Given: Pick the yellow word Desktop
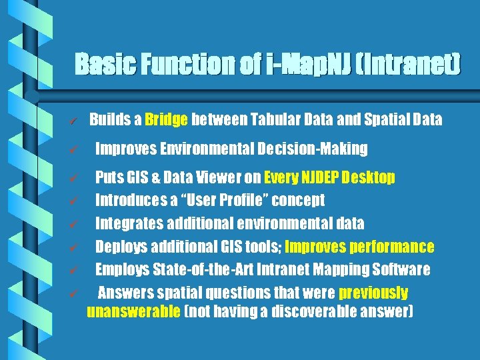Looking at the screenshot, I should click(371, 178).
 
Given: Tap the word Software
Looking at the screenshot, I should click(402, 270).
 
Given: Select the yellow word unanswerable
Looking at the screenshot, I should click(134, 311).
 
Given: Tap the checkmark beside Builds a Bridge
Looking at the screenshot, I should click(75, 121).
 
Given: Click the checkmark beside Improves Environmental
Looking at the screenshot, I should click(75, 149).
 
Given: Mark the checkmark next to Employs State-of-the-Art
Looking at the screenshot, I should click(75, 271).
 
